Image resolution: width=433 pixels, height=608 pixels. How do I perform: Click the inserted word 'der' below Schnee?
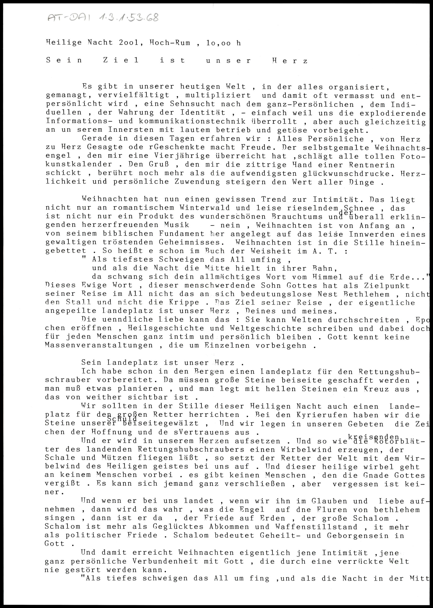coord(346,213)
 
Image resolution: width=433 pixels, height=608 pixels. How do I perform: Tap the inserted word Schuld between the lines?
coord(122,419)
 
